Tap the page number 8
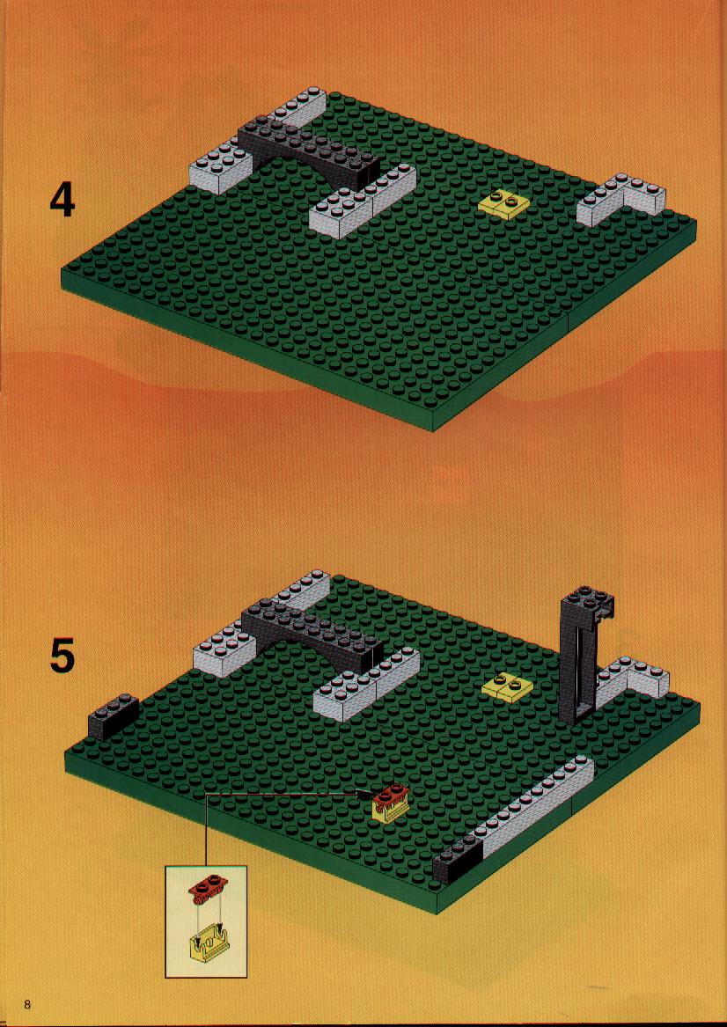click(x=27, y=1004)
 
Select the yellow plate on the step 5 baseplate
click(x=507, y=686)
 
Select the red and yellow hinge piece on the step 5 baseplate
click(x=391, y=803)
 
